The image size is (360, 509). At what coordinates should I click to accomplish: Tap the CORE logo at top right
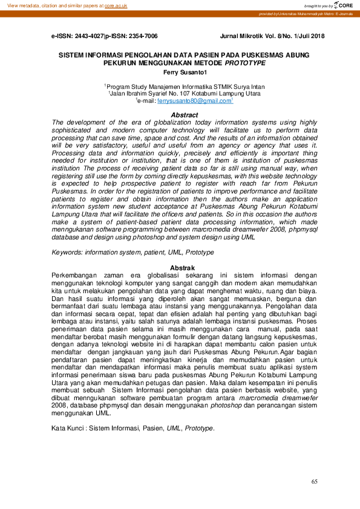click(343, 5)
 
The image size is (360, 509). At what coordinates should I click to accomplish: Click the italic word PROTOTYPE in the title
click(245, 62)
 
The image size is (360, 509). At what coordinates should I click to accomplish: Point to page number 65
click(314, 482)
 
